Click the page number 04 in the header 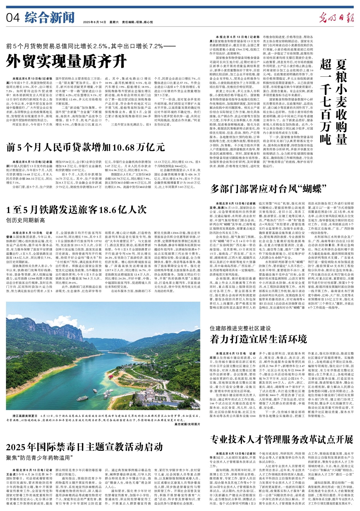(x=13, y=18)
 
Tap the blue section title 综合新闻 (x=49, y=18)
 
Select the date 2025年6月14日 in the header (x=94, y=22)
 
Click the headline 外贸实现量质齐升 (x=66, y=61)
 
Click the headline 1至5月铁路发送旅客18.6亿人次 (x=76, y=210)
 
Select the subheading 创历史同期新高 (x=25, y=220)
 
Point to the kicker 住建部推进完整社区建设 (x=240, y=328)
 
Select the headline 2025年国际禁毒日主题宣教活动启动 (x=84, y=447)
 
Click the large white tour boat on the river (x=82, y=398)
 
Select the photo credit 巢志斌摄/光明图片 (x=187, y=424)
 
